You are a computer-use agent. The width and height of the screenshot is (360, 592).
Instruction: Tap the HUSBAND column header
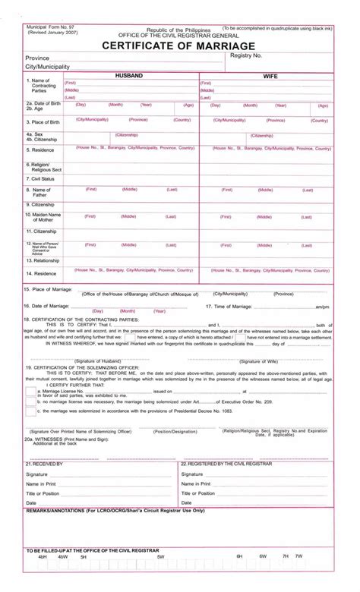[128, 77]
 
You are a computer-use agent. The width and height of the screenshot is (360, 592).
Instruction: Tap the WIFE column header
[270, 77]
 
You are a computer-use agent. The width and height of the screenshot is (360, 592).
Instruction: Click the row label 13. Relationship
[44, 259]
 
